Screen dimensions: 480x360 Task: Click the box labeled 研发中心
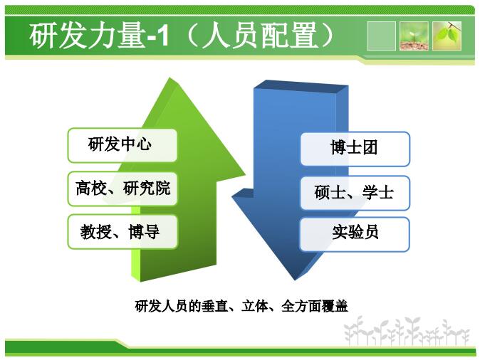[x=122, y=145]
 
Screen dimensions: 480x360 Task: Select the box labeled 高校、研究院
[x=122, y=189]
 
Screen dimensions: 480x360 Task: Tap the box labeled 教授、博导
[x=122, y=232]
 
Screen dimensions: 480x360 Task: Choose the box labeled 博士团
[x=355, y=149]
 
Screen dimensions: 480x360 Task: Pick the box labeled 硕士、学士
[x=355, y=193]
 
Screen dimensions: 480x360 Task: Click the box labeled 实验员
[x=355, y=234]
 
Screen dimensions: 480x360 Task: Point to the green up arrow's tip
[x=169, y=78]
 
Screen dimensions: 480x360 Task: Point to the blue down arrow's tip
[x=295, y=280]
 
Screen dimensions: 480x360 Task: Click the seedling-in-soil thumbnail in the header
[x=414, y=36]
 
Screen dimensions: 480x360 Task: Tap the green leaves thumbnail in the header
[x=447, y=36]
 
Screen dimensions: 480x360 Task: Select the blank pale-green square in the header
[x=381, y=36]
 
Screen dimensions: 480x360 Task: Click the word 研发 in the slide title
[x=58, y=35]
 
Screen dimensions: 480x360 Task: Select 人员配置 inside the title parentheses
[x=260, y=35]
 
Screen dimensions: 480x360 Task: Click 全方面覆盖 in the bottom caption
[x=315, y=306]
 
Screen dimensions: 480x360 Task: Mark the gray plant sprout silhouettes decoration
[x=407, y=332]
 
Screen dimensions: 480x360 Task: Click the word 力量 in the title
[x=116, y=35]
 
